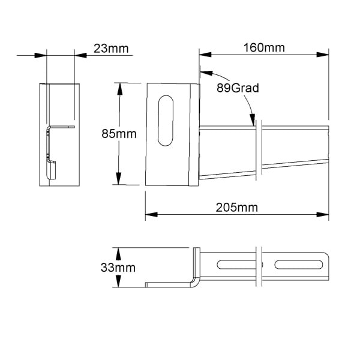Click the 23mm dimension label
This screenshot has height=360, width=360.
(111, 49)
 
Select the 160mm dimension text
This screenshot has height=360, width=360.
(264, 48)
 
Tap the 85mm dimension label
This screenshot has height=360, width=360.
(119, 134)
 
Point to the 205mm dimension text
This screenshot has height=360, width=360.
(237, 208)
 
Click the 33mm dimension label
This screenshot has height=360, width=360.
(118, 268)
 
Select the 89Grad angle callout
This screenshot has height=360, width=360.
(238, 88)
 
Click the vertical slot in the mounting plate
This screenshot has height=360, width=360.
(166, 121)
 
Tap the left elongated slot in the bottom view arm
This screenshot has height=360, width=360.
(236, 265)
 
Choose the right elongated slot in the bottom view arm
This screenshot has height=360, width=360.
(298, 265)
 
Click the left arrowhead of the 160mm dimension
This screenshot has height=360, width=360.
(205, 55)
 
